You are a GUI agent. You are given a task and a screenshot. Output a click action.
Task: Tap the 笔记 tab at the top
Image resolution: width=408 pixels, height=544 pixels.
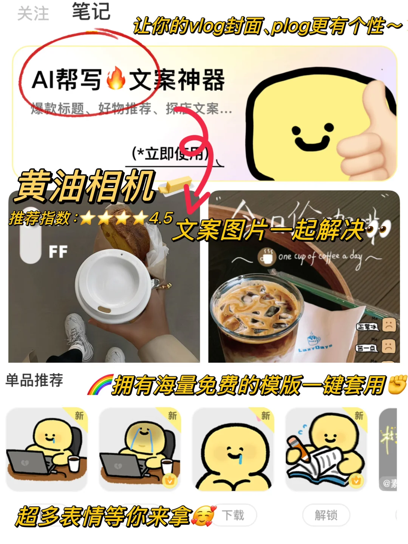[91, 11]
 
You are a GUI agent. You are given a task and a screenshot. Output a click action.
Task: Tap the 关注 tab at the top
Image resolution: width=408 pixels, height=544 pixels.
[33, 14]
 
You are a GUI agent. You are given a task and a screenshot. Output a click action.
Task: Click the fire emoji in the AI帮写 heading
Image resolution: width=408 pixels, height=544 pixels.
[116, 79]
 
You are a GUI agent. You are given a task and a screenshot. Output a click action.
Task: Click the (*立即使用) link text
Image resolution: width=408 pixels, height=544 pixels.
[170, 154]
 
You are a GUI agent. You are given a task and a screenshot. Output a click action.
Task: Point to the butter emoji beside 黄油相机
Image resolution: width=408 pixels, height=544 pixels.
[176, 185]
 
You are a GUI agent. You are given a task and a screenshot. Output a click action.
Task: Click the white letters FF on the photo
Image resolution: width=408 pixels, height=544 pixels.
[58, 252]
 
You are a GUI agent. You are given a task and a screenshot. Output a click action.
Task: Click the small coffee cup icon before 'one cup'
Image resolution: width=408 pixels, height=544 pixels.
[267, 257]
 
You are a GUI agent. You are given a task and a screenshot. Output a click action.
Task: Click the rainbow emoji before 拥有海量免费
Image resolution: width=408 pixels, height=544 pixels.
[100, 385]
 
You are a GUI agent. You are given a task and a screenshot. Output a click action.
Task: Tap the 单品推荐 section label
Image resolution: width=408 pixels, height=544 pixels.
[34, 380]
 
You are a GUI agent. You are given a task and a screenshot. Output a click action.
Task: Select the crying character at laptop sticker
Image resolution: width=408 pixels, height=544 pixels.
[140, 449]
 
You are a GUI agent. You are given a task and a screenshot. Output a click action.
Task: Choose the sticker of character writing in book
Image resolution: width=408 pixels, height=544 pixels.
[326, 449]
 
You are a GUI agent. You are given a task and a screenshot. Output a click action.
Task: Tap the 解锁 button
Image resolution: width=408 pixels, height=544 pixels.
[326, 515]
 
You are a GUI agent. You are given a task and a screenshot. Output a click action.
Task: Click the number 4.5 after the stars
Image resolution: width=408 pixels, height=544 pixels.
[161, 218]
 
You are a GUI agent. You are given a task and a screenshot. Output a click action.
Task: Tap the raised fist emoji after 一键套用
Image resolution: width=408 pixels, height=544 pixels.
[397, 385]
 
